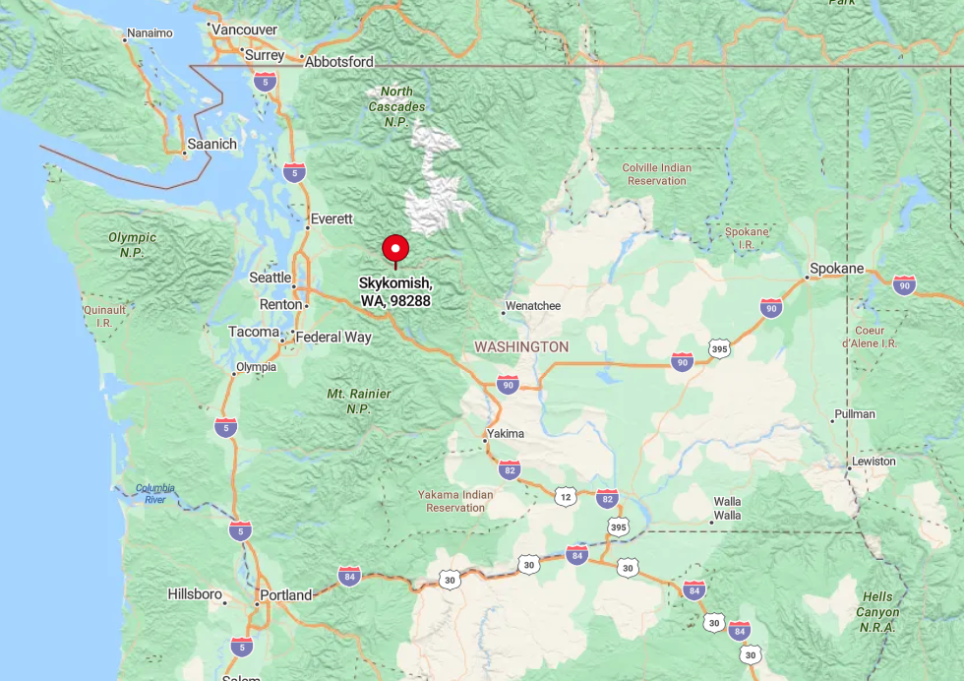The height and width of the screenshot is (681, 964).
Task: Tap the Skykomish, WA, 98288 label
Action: (394, 291)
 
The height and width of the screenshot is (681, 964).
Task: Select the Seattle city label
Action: (270, 278)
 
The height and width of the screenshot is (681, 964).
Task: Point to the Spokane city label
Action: (836, 269)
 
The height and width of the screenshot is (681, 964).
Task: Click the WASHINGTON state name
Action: (521, 347)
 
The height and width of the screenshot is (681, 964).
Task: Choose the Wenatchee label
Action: (532, 306)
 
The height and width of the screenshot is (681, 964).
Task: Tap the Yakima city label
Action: (505, 433)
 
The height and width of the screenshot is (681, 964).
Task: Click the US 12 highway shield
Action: (565, 497)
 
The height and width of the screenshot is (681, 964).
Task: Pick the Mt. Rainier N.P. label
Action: (359, 401)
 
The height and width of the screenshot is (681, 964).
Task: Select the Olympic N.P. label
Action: (133, 244)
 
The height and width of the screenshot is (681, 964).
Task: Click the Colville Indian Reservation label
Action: (656, 174)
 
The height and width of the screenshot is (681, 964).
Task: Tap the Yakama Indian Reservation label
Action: (455, 501)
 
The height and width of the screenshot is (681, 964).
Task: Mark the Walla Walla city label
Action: (728, 508)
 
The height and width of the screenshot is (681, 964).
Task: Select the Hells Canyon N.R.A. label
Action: (877, 604)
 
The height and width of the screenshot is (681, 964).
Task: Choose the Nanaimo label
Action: (150, 33)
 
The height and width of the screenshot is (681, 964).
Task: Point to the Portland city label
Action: (285, 595)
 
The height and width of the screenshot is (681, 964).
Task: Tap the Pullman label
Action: (854, 414)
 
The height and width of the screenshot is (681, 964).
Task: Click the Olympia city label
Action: (256, 367)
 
